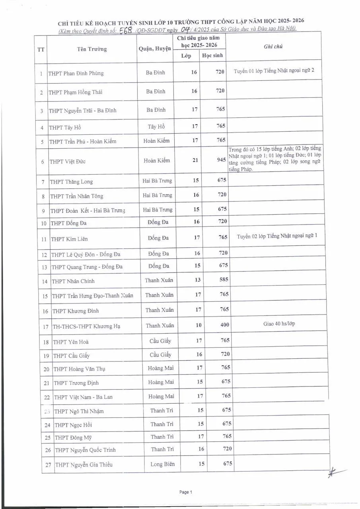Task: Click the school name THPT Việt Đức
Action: pos(68,162)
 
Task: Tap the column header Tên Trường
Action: pos(92,49)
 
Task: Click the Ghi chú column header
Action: pos(273,47)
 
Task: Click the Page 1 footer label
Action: pos(186,492)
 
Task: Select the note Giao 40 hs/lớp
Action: pos(279,324)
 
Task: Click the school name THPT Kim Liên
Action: pos(69,239)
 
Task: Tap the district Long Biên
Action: pos(162,464)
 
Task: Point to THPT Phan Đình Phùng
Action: pos(76,74)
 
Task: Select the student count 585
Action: pos(224,280)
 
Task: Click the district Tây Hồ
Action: pos(156,127)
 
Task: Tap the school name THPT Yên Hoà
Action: pos(71,342)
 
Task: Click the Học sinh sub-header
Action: pos(212,56)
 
